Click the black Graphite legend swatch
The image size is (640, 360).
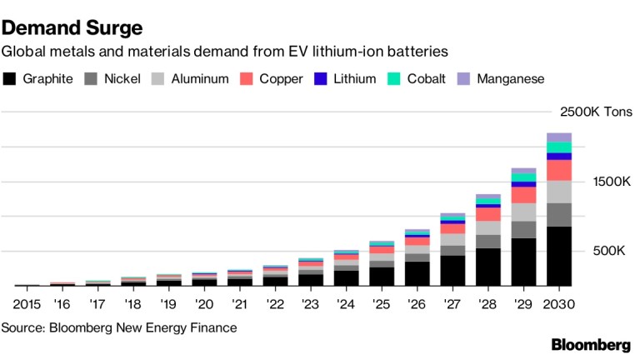[x=10, y=79]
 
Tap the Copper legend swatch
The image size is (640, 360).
[x=246, y=79]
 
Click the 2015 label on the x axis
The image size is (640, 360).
[x=27, y=305]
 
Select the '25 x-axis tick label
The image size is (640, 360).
[x=382, y=305]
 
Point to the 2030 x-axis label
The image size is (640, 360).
[x=559, y=305]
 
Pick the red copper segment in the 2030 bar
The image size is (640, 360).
[x=559, y=170]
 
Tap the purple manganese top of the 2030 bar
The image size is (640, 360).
[x=559, y=137]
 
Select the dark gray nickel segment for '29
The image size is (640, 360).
[x=523, y=229]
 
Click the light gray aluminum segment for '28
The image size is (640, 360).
[x=488, y=227]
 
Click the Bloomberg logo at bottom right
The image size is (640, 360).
[x=591, y=345]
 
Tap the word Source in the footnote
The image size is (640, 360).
[x=22, y=327]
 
